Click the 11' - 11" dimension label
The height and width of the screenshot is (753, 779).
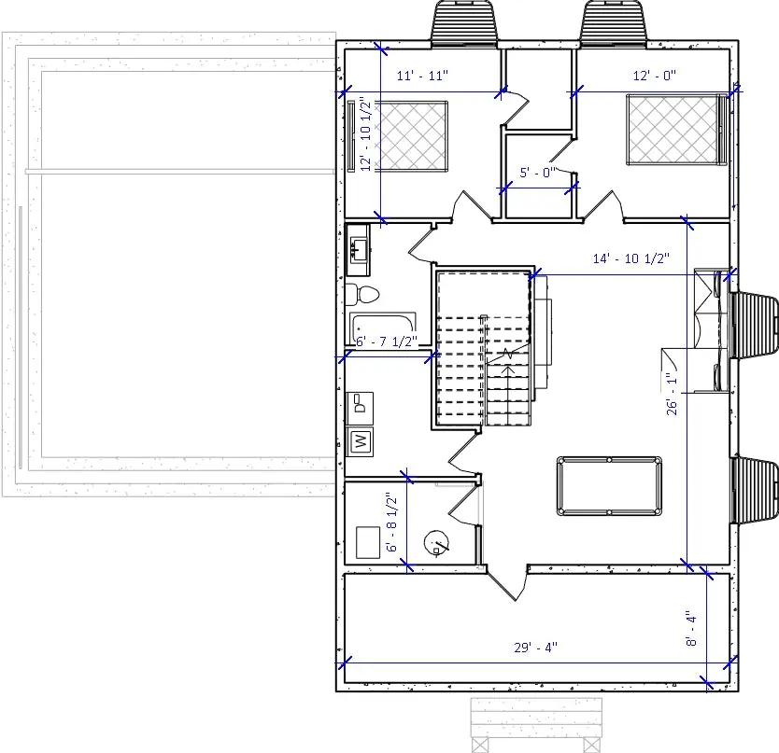pyautogui.click(x=423, y=77)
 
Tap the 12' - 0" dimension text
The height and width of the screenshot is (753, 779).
pyautogui.click(x=654, y=77)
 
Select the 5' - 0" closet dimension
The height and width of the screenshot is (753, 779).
pyautogui.click(x=537, y=173)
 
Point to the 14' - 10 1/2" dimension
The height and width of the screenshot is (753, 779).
pyautogui.click(x=631, y=259)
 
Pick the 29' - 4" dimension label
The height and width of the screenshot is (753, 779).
pyautogui.click(x=536, y=648)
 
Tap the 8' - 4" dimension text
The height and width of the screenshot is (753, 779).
pyautogui.click(x=691, y=629)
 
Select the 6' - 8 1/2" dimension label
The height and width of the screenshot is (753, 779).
pyautogui.click(x=393, y=523)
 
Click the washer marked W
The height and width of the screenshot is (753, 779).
pyautogui.click(x=361, y=440)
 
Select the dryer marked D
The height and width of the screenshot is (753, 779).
pyautogui.click(x=361, y=404)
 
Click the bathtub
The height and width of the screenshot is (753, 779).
pyautogui.click(x=382, y=328)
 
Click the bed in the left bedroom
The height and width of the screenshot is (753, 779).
pyautogui.click(x=412, y=136)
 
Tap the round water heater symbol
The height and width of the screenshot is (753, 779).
pyautogui.click(x=435, y=542)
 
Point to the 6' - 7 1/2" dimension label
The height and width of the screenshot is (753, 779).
pyautogui.click(x=386, y=342)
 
